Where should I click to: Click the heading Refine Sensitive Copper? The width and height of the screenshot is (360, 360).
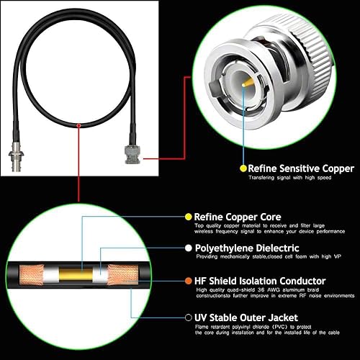point(302,168)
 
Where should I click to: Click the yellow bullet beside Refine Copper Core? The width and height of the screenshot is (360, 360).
point(189,217)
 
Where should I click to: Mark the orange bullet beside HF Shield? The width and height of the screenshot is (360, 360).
point(189,281)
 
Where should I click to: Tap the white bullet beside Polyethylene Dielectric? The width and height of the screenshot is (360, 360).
point(189,248)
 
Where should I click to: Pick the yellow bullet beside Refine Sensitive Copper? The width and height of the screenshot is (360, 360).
point(243,168)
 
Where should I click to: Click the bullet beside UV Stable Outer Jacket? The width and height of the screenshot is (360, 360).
point(189,317)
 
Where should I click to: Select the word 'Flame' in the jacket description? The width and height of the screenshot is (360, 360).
point(204,327)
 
